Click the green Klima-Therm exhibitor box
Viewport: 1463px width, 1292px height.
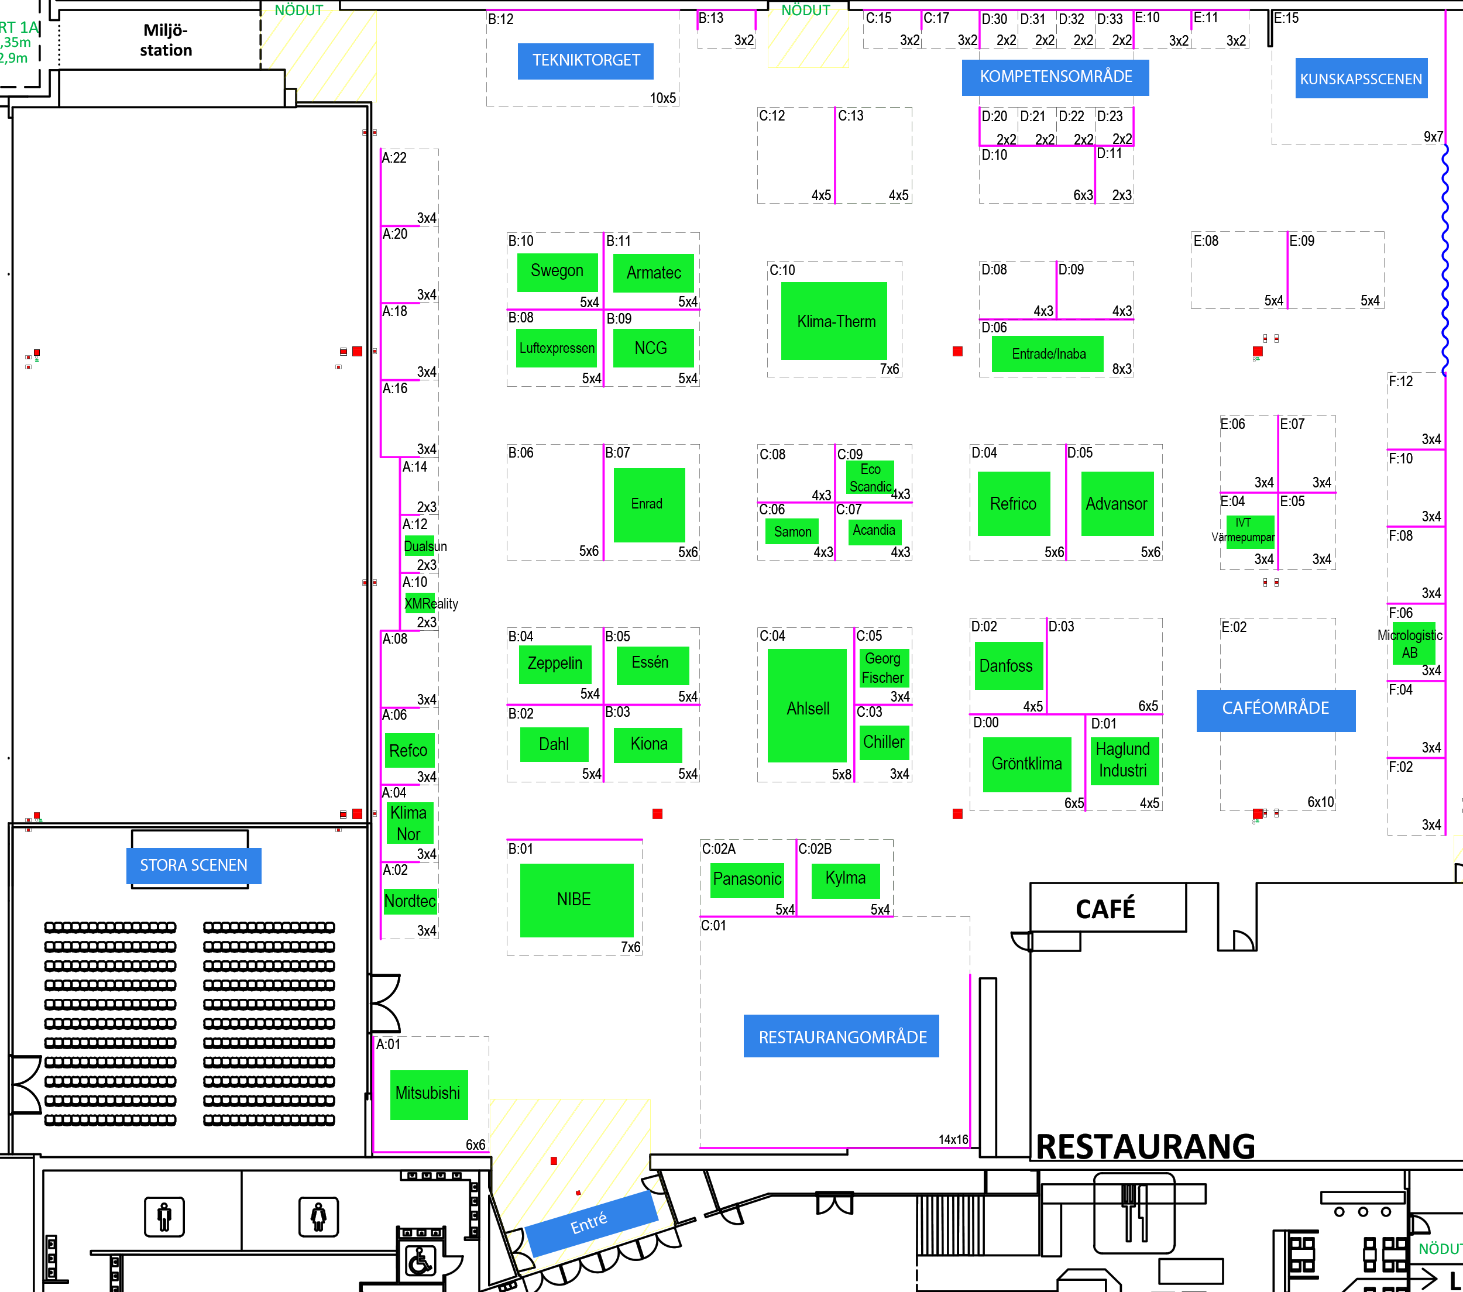(834, 321)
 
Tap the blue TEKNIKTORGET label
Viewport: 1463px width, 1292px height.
(585, 61)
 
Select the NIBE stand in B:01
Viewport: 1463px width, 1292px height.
(576, 900)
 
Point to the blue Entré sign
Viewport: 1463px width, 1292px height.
(590, 1224)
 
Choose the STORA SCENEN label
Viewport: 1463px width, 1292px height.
(193, 865)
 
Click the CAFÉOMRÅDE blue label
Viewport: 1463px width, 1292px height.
(1276, 709)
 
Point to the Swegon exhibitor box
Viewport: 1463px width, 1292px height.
(557, 272)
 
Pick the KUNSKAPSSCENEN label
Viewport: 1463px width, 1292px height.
(1361, 79)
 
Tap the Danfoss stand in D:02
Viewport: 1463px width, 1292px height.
(1008, 666)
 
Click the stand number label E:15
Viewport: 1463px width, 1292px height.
(1286, 19)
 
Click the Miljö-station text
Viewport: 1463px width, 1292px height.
(166, 40)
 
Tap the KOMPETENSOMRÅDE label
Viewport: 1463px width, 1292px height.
(1055, 77)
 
